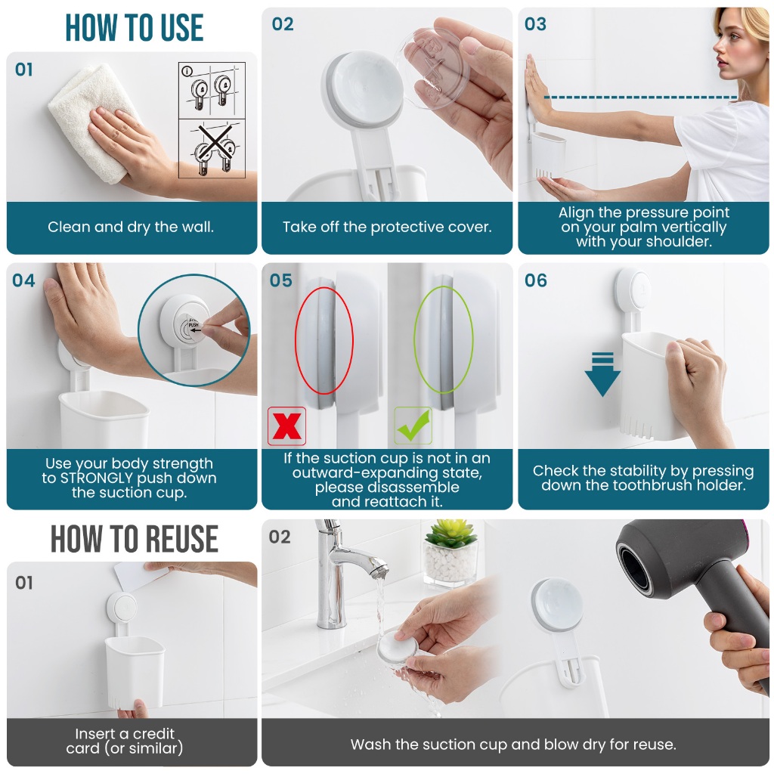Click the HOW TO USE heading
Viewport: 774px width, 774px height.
[135, 28]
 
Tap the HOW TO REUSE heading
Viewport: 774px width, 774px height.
[135, 538]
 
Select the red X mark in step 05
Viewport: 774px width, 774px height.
[286, 426]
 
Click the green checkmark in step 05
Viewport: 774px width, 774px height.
[413, 426]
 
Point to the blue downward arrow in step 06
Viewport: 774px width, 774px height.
[602, 374]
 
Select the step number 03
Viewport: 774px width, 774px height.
[536, 24]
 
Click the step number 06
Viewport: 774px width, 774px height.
[536, 281]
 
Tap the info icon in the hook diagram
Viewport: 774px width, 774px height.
[187, 72]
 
